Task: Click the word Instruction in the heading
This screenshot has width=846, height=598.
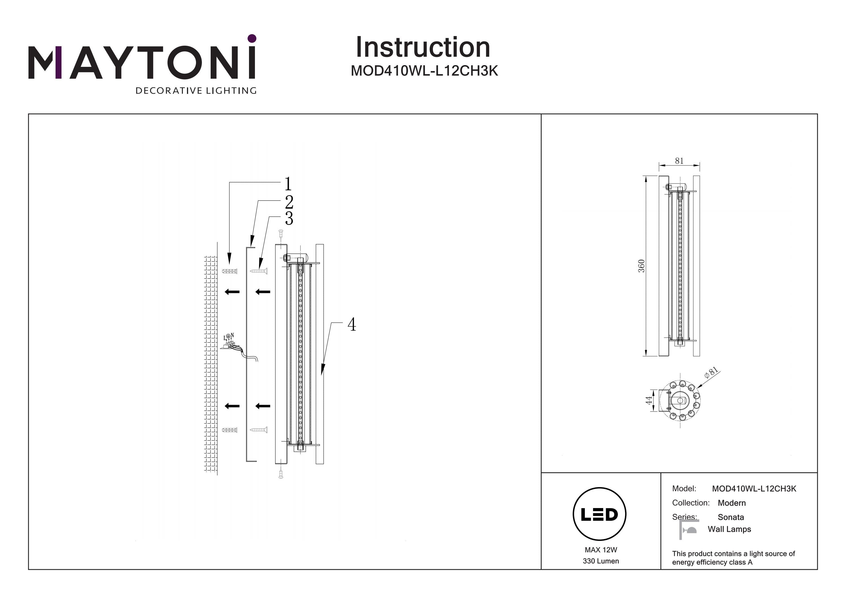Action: click(x=423, y=48)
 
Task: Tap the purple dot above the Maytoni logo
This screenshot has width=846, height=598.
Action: click(x=252, y=38)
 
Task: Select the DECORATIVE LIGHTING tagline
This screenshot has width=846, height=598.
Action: click(x=196, y=91)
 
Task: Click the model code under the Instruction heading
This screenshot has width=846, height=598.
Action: click(x=424, y=71)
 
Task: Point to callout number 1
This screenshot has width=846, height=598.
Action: click(x=288, y=184)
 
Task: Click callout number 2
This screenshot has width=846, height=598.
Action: click(x=289, y=202)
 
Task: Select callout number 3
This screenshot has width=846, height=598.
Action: click(x=289, y=218)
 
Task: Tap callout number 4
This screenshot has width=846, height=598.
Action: click(x=352, y=325)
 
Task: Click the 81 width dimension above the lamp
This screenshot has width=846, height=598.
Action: click(x=679, y=161)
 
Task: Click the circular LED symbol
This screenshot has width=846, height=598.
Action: click(x=600, y=514)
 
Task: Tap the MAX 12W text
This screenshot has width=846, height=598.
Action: click(x=601, y=550)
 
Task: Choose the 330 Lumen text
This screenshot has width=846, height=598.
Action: click(x=601, y=561)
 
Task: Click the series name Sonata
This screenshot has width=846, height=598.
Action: click(x=731, y=517)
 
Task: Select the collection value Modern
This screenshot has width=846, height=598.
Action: click(x=732, y=503)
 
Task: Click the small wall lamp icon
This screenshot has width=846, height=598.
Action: click(x=689, y=529)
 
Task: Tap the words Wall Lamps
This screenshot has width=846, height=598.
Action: click(x=729, y=529)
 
